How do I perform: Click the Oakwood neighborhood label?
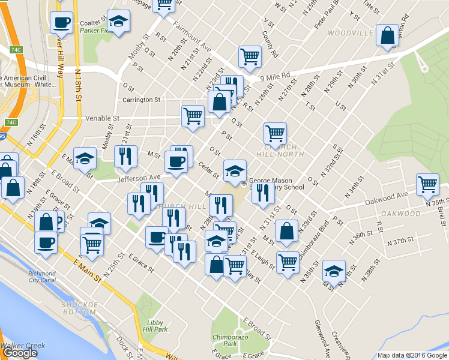(401, 214)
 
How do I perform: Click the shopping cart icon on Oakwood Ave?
(427, 185)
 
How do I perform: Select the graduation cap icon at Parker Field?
(118, 22)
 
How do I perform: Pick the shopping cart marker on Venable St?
(193, 115)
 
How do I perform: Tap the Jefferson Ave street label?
(139, 178)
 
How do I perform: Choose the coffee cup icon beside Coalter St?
(61, 23)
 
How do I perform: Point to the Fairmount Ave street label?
(193, 37)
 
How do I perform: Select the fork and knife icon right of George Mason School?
(262, 193)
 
